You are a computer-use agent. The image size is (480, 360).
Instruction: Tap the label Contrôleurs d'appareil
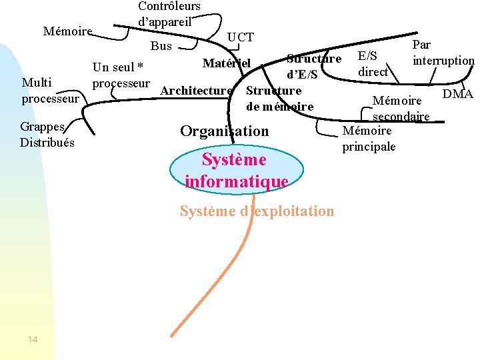click(169, 13)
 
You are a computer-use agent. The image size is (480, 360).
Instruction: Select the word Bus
click(161, 46)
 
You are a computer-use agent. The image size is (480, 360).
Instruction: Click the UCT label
click(241, 37)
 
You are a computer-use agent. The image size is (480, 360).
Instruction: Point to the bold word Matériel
click(227, 63)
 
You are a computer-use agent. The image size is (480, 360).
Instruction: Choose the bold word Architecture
click(197, 91)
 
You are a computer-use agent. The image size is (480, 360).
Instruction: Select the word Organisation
click(225, 131)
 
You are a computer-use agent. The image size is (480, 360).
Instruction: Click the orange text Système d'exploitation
click(257, 211)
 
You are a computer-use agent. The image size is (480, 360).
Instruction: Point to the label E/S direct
click(373, 64)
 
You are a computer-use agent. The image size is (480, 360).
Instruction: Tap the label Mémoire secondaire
click(399, 109)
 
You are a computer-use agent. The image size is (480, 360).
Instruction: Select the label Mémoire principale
click(369, 139)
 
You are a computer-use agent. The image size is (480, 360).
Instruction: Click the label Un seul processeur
click(121, 75)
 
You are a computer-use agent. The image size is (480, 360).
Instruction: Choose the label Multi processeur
click(50, 91)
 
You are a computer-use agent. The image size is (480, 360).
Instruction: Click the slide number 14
click(33, 340)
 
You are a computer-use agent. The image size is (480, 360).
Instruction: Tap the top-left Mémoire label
click(67, 31)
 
